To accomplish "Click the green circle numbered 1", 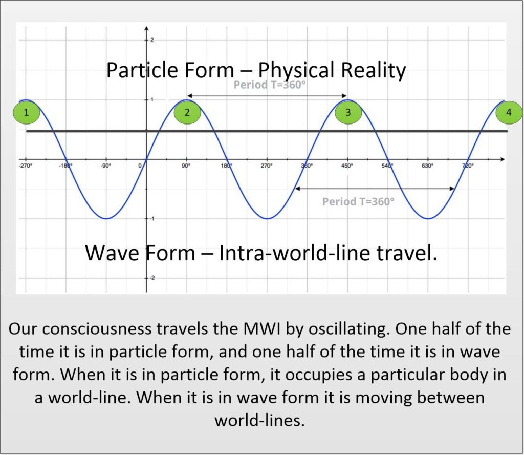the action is pyautogui.click(x=27, y=112).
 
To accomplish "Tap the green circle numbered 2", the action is pyautogui.click(x=187, y=112).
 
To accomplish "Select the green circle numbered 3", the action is pyautogui.click(x=348, y=112).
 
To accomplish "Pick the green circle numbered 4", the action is pyautogui.click(x=509, y=112).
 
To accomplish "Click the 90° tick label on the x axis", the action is pyautogui.click(x=186, y=166).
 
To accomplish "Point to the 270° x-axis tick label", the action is pyautogui.click(x=267, y=166).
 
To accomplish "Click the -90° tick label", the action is pyautogui.click(x=105, y=166).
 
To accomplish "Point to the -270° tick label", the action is pyautogui.click(x=25, y=166).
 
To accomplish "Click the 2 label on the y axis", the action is pyautogui.click(x=152, y=40).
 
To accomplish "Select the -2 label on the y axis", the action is pyautogui.click(x=152, y=278).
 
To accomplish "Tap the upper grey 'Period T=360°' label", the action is pyautogui.click(x=270, y=85).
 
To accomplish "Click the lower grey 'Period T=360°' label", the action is pyautogui.click(x=358, y=201).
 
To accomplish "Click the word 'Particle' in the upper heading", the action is pyautogui.click(x=142, y=70).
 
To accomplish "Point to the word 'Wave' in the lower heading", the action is pyautogui.click(x=112, y=253).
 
